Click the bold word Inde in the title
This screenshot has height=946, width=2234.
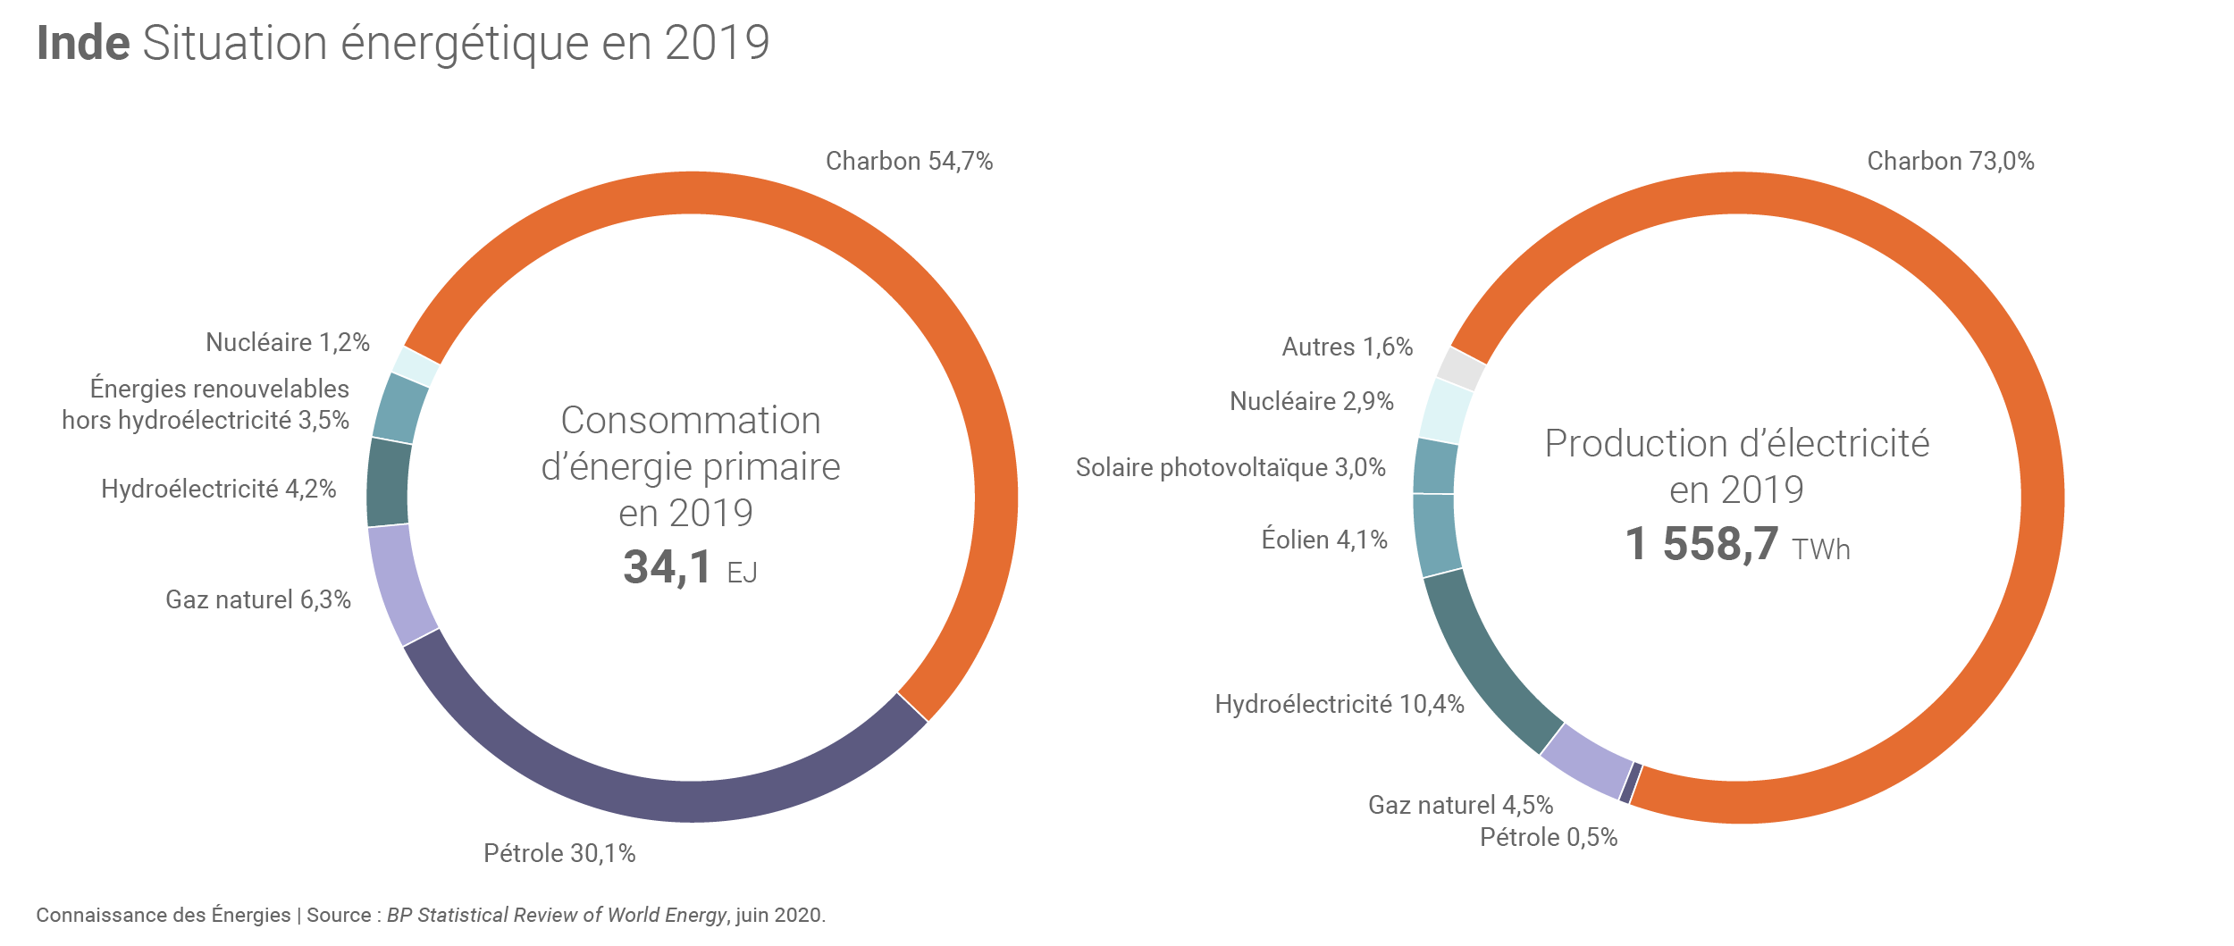(83, 43)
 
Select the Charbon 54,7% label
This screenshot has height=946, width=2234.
(909, 161)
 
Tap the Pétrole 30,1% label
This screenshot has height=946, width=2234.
(559, 853)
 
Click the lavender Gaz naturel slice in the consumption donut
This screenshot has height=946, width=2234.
(399, 585)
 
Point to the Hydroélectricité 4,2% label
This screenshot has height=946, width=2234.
(218, 489)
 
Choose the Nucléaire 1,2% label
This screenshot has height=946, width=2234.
(287, 342)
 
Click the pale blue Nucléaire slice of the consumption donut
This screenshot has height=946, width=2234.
(416, 366)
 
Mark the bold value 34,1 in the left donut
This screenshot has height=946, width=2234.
(668, 567)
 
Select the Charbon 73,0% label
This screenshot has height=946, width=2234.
(1950, 161)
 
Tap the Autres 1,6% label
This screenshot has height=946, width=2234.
(1347, 347)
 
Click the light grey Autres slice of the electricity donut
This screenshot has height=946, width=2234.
(1461, 368)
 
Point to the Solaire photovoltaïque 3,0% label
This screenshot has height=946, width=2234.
(1230, 467)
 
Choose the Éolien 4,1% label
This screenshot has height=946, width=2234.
(1323, 540)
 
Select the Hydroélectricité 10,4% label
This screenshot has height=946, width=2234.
(1339, 704)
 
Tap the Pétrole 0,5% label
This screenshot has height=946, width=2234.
(1548, 837)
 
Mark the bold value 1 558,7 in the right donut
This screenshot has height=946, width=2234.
(1701, 544)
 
